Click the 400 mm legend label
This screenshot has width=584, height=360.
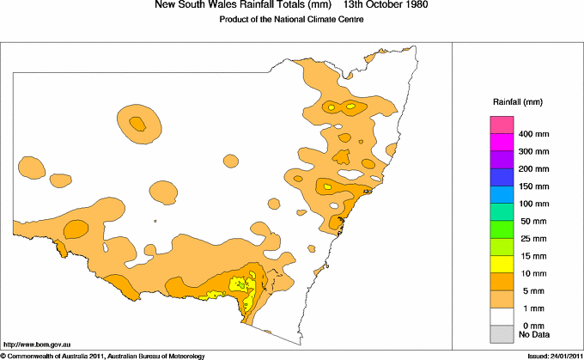tap(533, 134)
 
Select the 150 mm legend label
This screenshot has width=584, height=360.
tap(533, 186)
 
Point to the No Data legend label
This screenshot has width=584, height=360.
tap(533, 333)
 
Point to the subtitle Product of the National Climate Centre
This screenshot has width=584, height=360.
tap(292, 20)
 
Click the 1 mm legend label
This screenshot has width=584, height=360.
tap(529, 308)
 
